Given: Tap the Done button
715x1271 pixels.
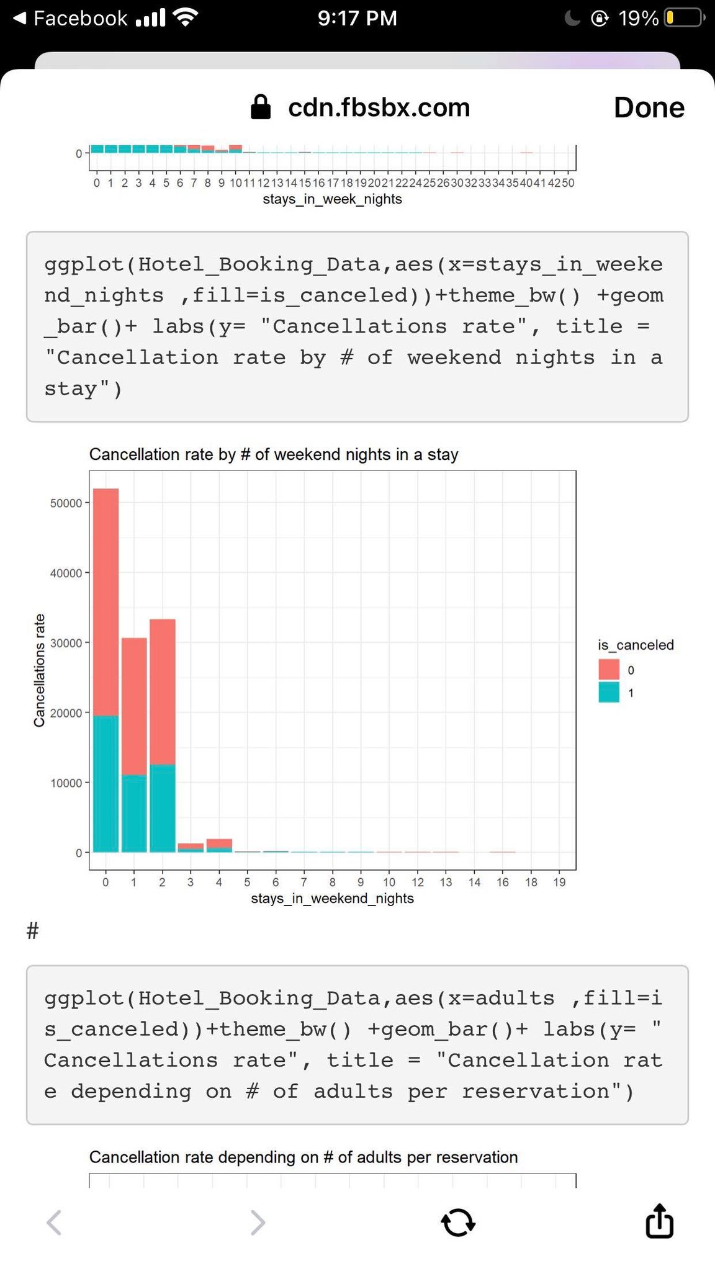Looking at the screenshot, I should [x=649, y=107].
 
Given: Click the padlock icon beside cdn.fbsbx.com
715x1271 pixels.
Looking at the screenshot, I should [x=261, y=107].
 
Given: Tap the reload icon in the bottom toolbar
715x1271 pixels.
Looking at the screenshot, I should [x=458, y=1222].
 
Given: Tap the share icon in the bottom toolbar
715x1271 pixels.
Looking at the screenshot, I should [x=659, y=1221].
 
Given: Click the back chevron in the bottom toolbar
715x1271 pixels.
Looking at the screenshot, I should [x=55, y=1222].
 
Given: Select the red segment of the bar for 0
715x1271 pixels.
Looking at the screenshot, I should [x=106, y=602].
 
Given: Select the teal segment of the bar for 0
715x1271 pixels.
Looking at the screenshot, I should [x=106, y=784].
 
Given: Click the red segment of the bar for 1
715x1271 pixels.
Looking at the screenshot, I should [x=134, y=706].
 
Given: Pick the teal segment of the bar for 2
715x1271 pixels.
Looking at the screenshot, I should [x=163, y=808].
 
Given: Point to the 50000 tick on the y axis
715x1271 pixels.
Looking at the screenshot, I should [x=66, y=503].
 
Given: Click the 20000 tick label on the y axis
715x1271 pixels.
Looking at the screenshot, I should [x=66, y=713].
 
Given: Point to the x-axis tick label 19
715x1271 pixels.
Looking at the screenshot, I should [x=559, y=882].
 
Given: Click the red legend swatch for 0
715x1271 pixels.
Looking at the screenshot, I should [x=609, y=670].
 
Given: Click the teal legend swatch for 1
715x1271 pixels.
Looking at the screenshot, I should [x=609, y=693].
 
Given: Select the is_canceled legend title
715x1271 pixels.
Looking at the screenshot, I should [x=636, y=645].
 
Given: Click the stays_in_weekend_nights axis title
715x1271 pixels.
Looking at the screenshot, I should [x=332, y=898].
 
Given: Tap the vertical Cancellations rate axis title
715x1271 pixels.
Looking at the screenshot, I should [x=39, y=670].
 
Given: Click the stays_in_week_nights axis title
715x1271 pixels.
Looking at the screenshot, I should [x=332, y=199].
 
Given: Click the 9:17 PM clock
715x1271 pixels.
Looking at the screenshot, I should [x=357, y=18].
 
